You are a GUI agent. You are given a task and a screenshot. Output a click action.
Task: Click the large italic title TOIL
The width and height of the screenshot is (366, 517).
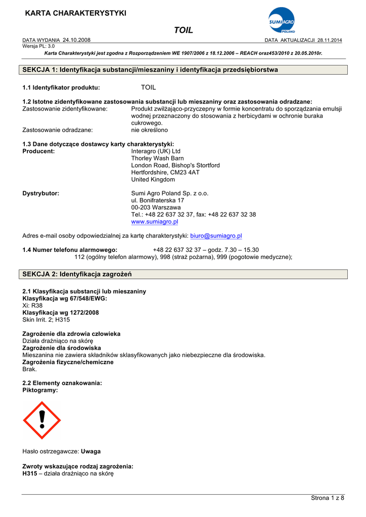pos(184,30)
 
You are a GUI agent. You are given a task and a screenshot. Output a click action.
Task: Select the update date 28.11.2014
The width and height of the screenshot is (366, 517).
pos(330,40)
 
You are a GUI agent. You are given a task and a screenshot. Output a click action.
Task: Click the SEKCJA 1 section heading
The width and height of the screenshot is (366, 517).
pos(150,70)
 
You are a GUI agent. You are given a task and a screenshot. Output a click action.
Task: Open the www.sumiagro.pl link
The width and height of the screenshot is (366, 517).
pos(154,222)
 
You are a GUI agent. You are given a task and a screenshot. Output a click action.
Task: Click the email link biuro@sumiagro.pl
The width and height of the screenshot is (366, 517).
pos(216,236)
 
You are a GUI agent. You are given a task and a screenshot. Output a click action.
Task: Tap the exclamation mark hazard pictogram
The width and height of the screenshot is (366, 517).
pos(41,420)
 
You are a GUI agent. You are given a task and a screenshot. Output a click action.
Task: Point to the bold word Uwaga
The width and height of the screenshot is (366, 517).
pos(90,451)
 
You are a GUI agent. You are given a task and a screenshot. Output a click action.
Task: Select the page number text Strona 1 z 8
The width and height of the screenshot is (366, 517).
pos(327,498)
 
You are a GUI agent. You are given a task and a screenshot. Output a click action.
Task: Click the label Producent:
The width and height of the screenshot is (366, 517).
pos(39,151)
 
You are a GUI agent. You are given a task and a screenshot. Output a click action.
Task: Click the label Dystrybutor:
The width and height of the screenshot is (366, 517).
pos(41,193)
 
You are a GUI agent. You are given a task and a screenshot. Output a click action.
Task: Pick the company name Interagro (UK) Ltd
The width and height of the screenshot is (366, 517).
pos(156,151)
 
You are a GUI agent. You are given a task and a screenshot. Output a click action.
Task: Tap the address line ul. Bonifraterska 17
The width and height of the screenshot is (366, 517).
pos(157,200)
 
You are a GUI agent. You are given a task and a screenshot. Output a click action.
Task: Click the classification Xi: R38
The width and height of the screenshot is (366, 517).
pos(33,305)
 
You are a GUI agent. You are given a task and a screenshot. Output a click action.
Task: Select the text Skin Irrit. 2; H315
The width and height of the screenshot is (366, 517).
pos(47,320)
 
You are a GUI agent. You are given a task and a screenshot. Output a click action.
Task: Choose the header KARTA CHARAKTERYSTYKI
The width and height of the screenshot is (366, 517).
pos(76,13)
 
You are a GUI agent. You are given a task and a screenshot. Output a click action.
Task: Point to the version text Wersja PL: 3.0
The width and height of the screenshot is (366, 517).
pos(39,45)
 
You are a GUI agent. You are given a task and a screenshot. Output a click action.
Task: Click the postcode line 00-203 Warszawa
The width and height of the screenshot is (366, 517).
pos(156,208)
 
